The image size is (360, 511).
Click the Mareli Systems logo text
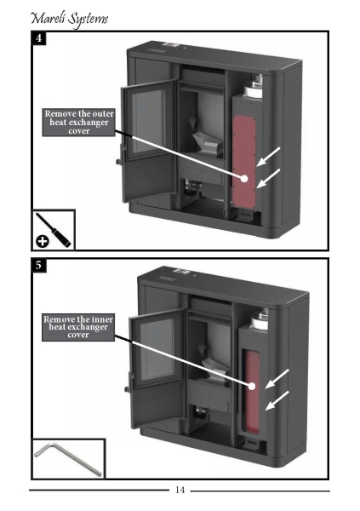click(x=69, y=19)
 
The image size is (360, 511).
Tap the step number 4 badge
click(x=39, y=38)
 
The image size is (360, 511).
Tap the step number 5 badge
click(x=39, y=265)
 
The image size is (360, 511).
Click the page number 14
click(x=180, y=490)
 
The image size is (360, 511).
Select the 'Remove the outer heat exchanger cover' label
click(x=79, y=122)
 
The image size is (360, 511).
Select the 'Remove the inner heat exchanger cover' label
click(x=78, y=327)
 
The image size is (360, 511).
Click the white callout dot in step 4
click(x=244, y=179)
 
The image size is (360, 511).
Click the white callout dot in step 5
click(x=252, y=386)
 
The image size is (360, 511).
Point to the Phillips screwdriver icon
click(x=53, y=230)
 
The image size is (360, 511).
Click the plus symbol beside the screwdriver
click(x=43, y=242)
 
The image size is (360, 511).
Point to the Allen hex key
click(x=68, y=458)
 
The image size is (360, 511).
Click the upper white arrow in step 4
click(x=268, y=157)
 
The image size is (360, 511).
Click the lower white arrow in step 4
click(x=268, y=179)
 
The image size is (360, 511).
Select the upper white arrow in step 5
click(x=277, y=379)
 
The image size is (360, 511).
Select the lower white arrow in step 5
click(x=277, y=400)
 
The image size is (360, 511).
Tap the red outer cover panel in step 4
click(x=243, y=161)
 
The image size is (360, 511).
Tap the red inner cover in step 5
click(x=253, y=393)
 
